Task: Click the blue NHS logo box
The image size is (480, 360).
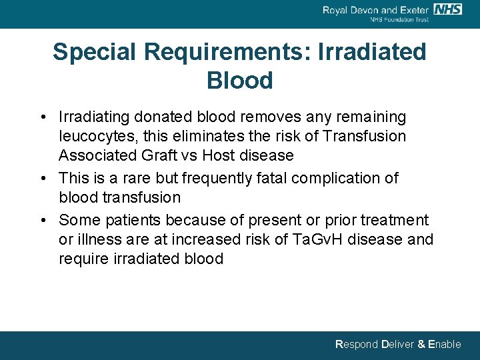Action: [447, 9]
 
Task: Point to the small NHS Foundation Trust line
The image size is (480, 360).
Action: [399, 19]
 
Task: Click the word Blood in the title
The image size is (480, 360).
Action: [240, 81]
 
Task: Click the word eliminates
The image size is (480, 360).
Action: [191, 136]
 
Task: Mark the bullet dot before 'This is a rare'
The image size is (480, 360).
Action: [43, 178]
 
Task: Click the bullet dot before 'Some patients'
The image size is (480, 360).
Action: [43, 220]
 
